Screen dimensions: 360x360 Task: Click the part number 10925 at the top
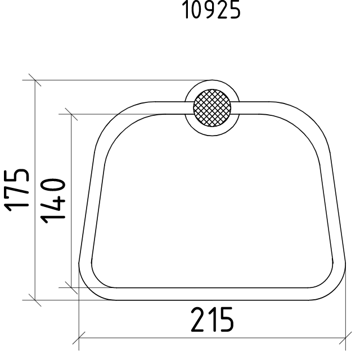(x=211, y=10)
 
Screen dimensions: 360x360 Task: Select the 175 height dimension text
(x=16, y=190)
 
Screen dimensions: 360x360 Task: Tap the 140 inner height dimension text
(x=53, y=201)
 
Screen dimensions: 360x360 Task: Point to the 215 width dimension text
(x=213, y=320)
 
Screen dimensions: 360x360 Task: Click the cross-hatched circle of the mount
(x=212, y=107)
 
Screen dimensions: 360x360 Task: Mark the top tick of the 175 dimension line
(x=35, y=80)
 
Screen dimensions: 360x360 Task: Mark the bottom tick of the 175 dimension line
(x=35, y=300)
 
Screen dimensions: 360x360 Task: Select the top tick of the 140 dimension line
(x=71, y=114)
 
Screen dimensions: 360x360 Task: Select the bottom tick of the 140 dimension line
(x=71, y=287)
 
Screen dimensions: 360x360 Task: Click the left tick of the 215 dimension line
(x=79, y=338)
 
